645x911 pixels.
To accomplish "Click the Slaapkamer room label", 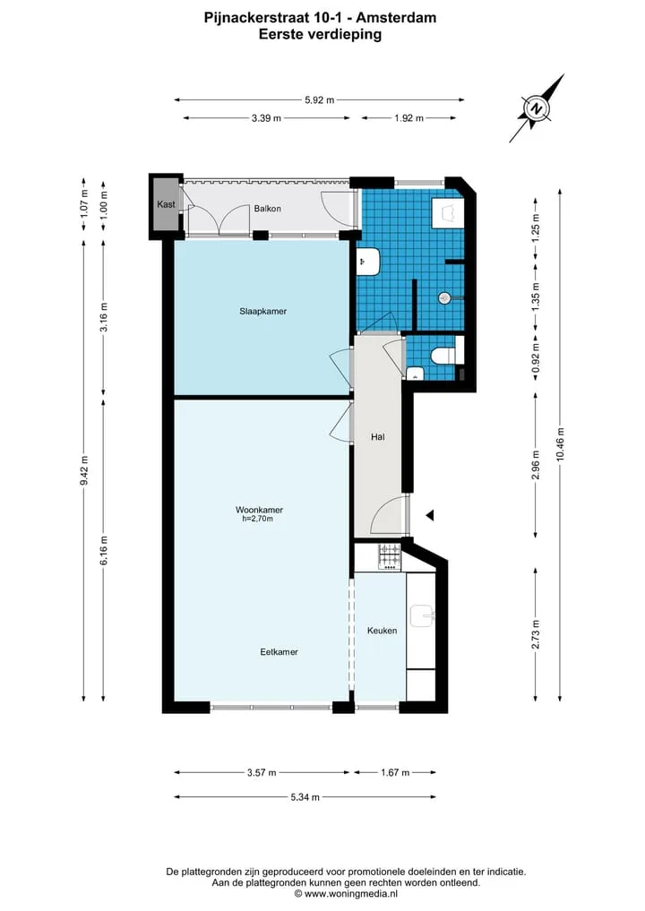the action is (262, 312).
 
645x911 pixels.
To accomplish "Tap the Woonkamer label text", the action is (259, 510).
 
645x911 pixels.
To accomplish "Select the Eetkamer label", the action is (279, 652).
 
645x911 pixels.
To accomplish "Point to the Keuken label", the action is (382, 631).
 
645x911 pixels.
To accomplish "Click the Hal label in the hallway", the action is (378, 437).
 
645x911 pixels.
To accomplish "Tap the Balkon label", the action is (267, 209).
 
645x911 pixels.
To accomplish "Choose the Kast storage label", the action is (166, 204).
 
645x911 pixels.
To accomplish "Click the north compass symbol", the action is (537, 108).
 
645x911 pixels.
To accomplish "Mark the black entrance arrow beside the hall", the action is (430, 515).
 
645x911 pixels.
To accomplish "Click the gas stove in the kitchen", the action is (390, 555).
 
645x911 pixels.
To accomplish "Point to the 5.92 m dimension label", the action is (320, 100).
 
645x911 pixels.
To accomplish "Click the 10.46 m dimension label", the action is (560, 444).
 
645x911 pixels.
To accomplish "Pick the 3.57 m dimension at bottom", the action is (262, 773).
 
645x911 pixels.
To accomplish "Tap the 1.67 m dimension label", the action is (395, 773).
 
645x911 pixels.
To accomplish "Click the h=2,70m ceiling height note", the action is (257, 519).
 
